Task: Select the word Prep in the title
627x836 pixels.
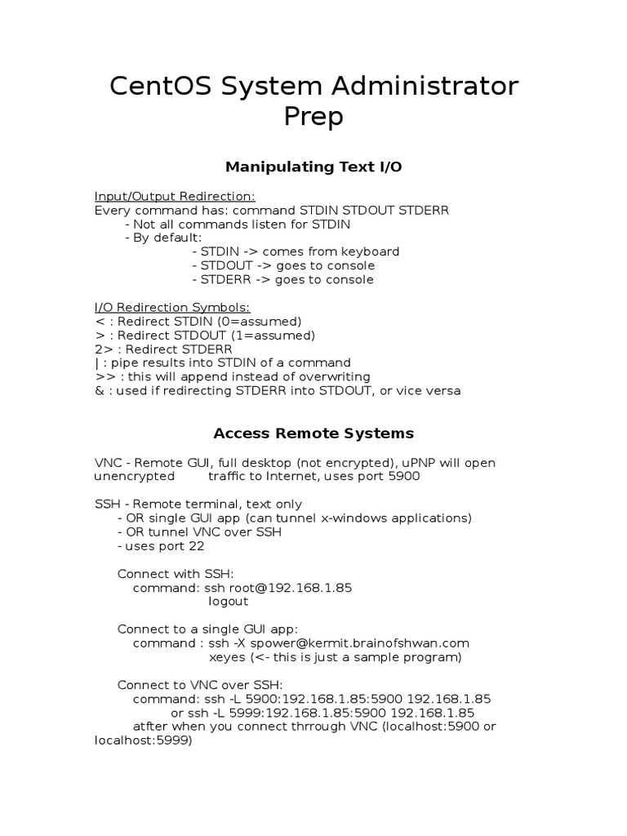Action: (313, 117)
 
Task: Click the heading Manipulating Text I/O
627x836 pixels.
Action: (313, 167)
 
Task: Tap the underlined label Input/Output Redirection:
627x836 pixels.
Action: (176, 196)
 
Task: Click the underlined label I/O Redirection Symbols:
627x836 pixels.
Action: (173, 307)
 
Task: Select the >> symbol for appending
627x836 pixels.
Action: (104, 376)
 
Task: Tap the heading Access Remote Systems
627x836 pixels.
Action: (313, 434)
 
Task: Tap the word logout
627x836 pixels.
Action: (229, 602)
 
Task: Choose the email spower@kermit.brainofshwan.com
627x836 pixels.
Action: (362, 643)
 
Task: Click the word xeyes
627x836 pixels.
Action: (227, 657)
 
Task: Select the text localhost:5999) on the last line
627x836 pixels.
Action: (143, 740)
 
